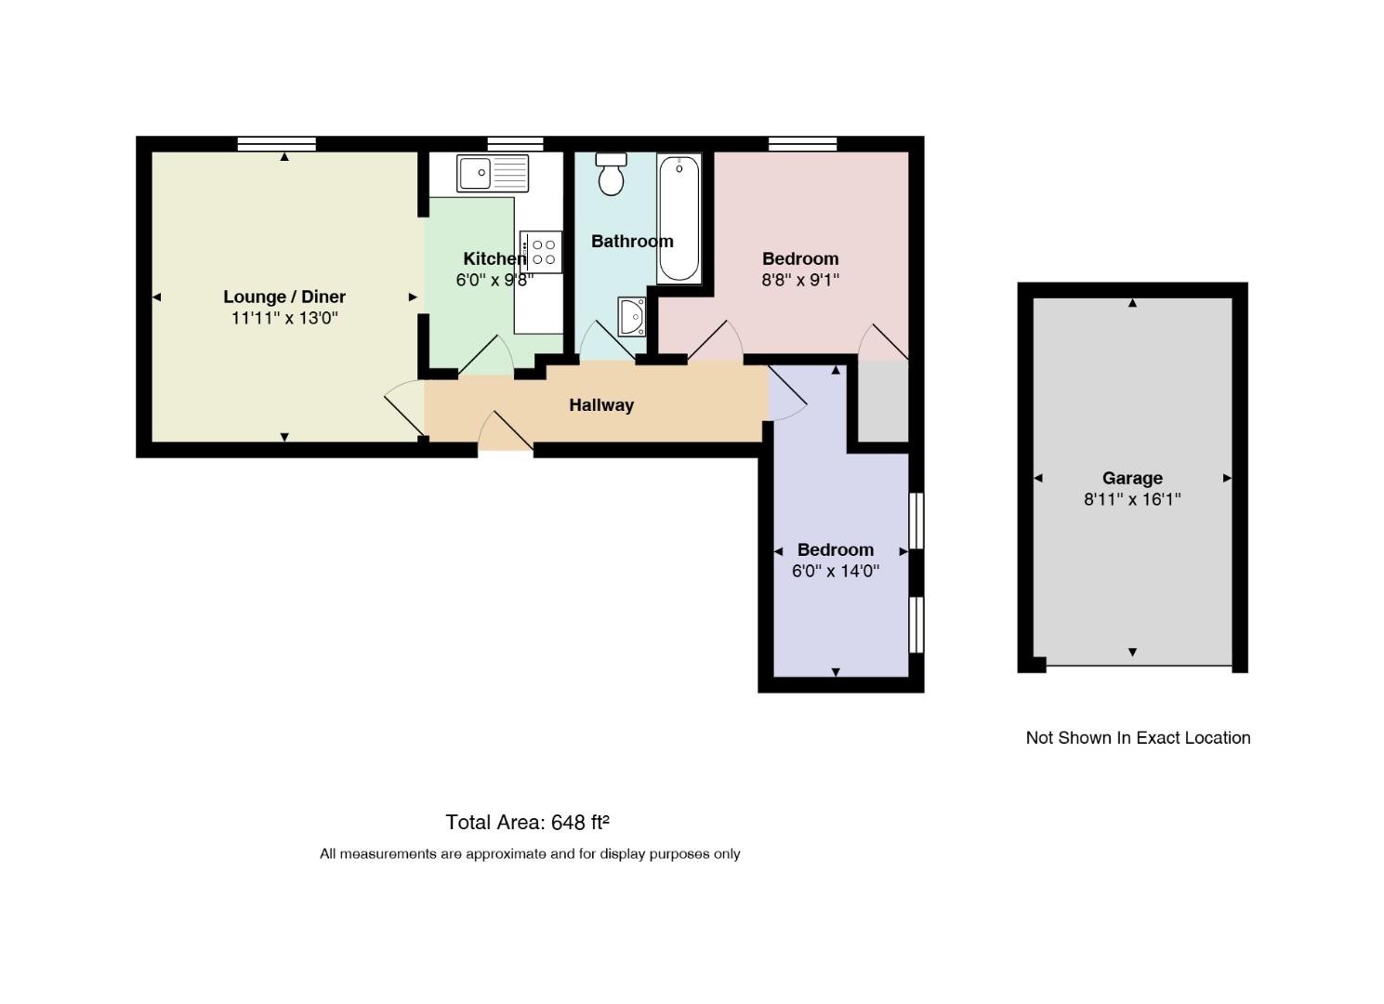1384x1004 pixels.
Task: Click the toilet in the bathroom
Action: coord(612,174)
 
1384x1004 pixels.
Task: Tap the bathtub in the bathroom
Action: coord(679,218)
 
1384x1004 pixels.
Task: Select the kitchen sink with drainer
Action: coord(493,173)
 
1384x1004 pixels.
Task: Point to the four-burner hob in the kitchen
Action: coord(541,252)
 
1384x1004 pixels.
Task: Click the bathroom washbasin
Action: coord(631,317)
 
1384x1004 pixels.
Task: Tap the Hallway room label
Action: coord(601,405)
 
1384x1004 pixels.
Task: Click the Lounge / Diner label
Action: coord(284,297)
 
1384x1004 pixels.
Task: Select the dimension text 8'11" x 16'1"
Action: coord(1132,499)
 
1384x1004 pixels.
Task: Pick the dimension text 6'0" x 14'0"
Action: coord(836,571)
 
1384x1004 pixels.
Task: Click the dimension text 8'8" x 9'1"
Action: coord(800,280)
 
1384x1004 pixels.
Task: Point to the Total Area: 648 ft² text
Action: coord(527,823)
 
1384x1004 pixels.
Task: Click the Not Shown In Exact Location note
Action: coord(1138,738)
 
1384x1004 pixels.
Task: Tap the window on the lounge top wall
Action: coord(277,144)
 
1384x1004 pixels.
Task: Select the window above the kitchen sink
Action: coord(515,144)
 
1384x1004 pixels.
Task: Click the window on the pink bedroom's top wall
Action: coord(802,144)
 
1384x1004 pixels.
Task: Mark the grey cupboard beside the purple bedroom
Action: coord(884,402)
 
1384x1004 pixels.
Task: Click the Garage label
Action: coord(1132,478)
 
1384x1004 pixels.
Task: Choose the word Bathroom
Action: coord(632,241)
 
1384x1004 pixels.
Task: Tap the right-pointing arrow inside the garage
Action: coord(1227,478)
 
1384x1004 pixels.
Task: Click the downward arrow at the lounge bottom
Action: coord(284,438)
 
